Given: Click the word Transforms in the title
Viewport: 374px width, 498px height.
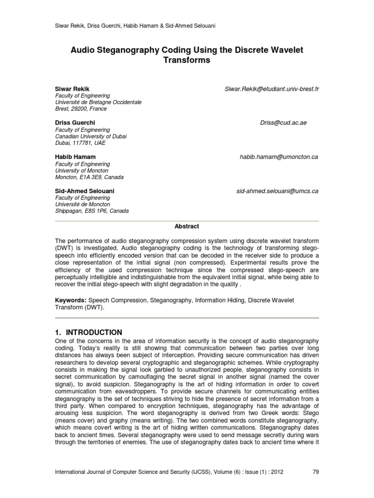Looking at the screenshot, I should tap(187, 60).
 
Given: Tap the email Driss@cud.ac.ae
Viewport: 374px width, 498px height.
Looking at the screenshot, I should tap(283, 123).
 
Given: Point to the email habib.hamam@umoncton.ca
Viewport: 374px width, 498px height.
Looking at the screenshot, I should tap(279, 157).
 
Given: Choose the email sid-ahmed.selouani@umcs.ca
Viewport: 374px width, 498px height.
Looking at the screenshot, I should tap(277, 191).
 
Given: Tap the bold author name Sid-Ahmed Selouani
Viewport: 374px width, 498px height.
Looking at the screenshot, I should tap(81, 191).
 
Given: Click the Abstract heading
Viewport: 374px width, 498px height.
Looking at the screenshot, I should tap(187, 226).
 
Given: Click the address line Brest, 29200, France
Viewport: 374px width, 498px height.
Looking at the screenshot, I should tap(80, 109).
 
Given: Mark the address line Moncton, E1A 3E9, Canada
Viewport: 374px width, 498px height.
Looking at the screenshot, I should tap(89, 178).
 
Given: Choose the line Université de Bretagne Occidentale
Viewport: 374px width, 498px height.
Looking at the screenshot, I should tap(98, 103).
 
